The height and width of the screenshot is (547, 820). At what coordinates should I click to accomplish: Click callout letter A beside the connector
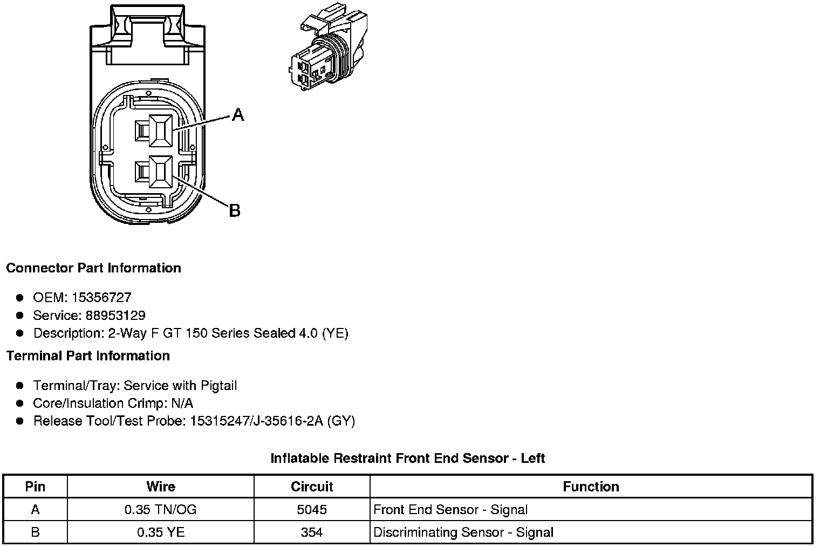tap(238, 114)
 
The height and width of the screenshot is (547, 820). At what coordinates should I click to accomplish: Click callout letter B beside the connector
tap(234, 210)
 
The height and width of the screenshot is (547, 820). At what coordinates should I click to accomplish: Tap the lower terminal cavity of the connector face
tap(160, 172)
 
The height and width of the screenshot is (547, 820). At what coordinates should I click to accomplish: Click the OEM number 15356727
tap(101, 297)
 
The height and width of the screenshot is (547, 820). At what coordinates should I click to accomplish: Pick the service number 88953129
tap(115, 315)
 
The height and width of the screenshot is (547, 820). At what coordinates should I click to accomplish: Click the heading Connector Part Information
tap(94, 268)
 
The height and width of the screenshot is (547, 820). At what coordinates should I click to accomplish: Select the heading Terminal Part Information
tap(88, 355)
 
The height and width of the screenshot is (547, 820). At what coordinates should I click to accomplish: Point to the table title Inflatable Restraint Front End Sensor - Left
tap(407, 459)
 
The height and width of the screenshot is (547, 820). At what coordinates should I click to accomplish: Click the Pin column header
tap(35, 487)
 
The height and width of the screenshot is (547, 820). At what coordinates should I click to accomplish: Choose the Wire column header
tap(161, 487)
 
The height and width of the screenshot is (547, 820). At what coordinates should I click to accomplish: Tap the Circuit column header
tap(312, 487)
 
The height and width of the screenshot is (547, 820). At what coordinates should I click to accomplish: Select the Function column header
tap(591, 487)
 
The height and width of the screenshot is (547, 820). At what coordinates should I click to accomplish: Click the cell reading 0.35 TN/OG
tap(161, 510)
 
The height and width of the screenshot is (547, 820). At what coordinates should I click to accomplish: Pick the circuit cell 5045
tap(312, 510)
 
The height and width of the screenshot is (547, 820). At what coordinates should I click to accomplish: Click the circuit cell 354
tap(312, 532)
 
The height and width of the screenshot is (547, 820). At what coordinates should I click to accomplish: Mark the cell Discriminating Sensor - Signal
tap(463, 532)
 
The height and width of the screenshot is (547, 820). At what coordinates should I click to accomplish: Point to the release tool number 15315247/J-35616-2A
tap(256, 421)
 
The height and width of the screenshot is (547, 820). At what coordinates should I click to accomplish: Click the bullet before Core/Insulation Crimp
tap(20, 404)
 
